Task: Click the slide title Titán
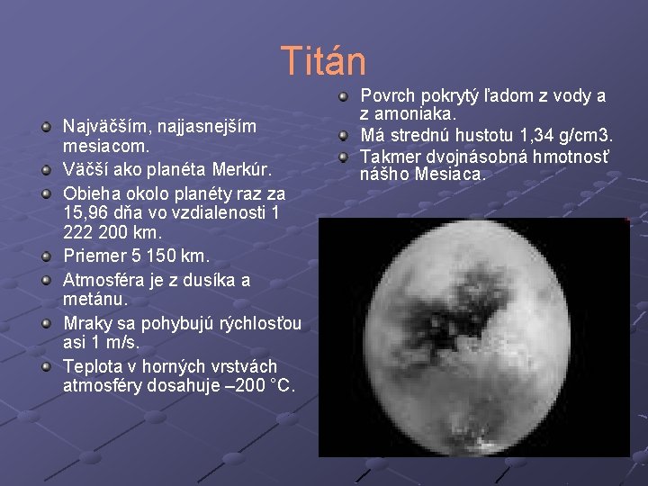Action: click(x=323, y=61)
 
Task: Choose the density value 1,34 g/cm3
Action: click(x=562, y=136)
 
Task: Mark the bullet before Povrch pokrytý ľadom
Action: click(x=344, y=95)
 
